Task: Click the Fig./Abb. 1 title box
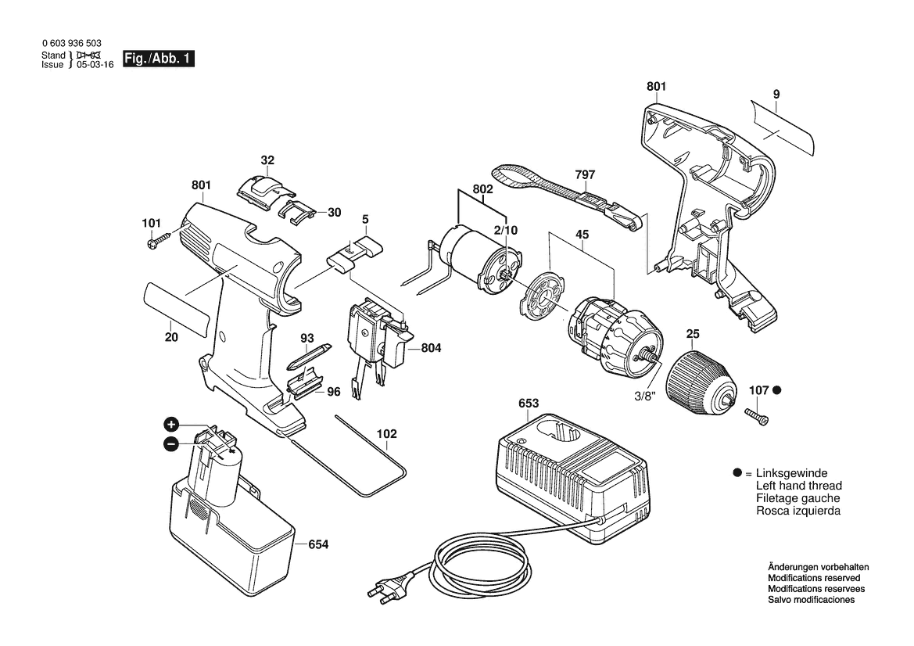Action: pos(158,59)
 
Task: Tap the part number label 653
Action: pos(528,403)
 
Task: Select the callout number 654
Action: pos(318,544)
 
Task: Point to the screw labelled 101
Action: pos(157,242)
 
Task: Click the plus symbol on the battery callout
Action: pos(170,424)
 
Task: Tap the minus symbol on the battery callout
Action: pos(170,444)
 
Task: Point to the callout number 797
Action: pos(585,174)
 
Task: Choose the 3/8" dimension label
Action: pos(645,396)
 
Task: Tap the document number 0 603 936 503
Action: pos(72,43)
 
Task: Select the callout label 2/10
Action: pos(505,230)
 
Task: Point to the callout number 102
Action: pos(386,434)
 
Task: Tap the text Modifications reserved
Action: pos(814,578)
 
